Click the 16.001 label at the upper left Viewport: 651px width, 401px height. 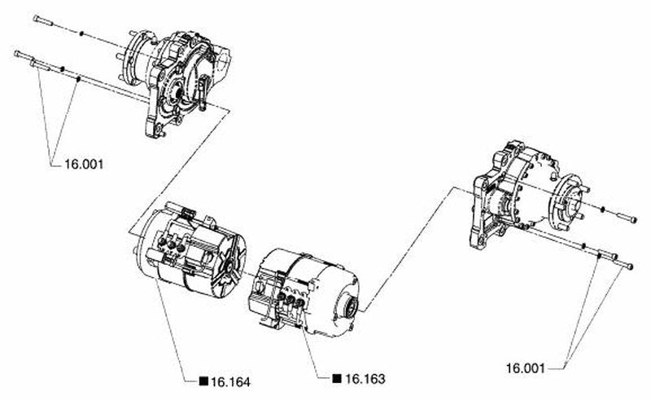pos(84,165)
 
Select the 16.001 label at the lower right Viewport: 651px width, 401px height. pos(525,368)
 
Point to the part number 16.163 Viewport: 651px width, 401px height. pos(365,379)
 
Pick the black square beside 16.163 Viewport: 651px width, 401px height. pos(337,378)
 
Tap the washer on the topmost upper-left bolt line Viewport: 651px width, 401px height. pos(82,33)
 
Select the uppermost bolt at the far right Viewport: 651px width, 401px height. pos(627,218)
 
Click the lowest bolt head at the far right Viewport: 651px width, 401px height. pos(630,267)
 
